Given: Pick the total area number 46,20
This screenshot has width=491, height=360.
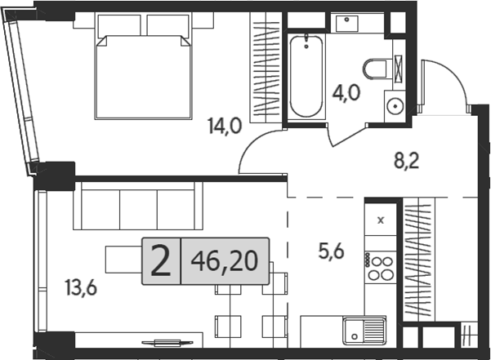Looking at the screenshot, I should point(223,261).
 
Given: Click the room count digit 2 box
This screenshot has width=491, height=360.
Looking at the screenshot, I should point(161,261).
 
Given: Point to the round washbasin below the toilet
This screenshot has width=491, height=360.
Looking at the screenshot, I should point(395,105).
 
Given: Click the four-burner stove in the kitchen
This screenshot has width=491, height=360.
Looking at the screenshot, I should point(380,267).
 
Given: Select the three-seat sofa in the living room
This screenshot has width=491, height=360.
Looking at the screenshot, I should point(136,207).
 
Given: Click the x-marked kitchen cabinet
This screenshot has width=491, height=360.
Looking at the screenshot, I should point(380,219).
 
